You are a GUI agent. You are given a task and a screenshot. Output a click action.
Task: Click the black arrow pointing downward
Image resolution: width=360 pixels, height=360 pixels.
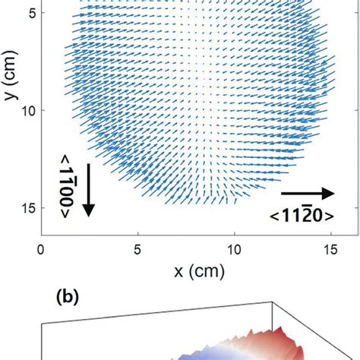point(88,189)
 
